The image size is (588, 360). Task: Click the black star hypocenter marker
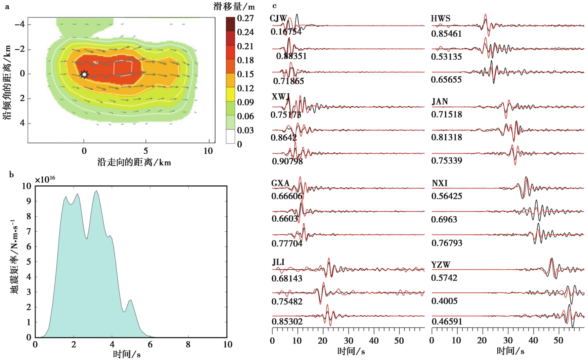click(84, 74)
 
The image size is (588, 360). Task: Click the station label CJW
click(278, 18)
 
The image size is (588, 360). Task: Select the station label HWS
click(441, 18)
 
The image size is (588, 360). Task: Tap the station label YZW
click(441, 265)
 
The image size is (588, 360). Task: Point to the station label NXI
click(440, 183)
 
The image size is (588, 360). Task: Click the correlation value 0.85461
click(446, 34)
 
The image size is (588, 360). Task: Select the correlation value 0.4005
click(444, 301)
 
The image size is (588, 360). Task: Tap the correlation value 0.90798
click(287, 162)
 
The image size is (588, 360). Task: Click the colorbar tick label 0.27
click(245, 18)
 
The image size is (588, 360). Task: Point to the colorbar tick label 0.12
click(245, 88)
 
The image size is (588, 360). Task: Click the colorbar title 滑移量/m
click(234, 6)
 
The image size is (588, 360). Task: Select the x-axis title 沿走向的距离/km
click(134, 163)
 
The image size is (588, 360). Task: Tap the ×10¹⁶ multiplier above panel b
click(45, 180)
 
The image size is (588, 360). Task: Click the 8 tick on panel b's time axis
click(188, 345)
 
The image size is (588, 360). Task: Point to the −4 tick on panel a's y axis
click(19, 25)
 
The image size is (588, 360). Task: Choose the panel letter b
click(11, 175)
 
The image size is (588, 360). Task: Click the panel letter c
click(275, 6)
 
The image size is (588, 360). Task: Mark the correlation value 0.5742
click(444, 278)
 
